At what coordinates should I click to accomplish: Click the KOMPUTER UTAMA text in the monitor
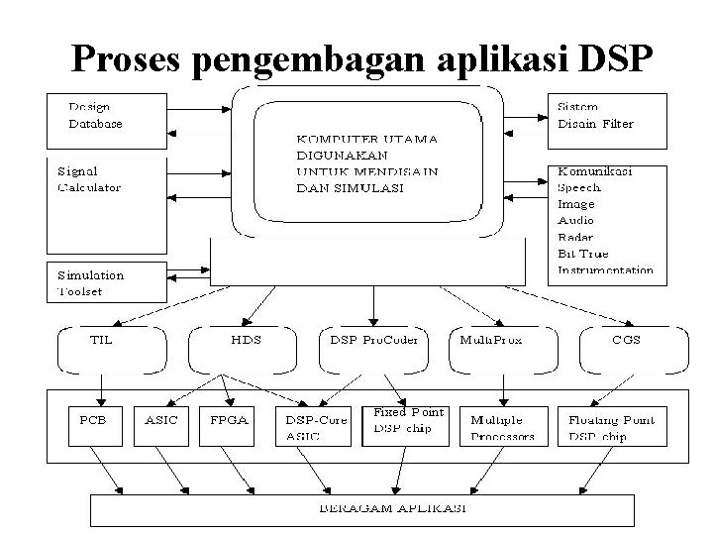(x=367, y=140)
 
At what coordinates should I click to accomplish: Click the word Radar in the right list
(x=576, y=238)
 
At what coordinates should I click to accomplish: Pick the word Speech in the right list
(x=579, y=187)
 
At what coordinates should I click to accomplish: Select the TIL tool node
(x=101, y=339)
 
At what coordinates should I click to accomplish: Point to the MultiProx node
(x=491, y=339)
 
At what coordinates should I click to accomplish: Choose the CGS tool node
(x=626, y=339)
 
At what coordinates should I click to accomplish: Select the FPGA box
(x=229, y=421)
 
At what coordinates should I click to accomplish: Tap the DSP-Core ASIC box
(x=308, y=427)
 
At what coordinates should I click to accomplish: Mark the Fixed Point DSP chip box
(x=406, y=420)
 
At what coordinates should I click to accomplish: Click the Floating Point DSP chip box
(x=611, y=427)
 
